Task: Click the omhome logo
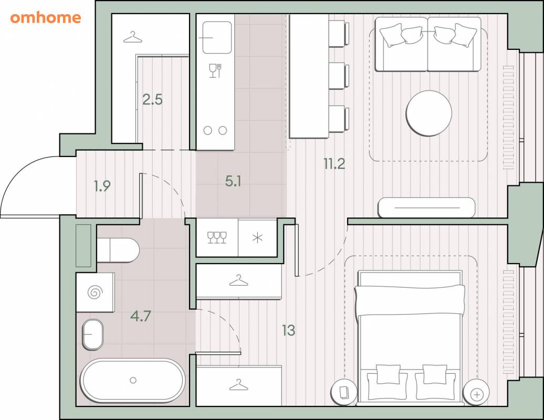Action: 46,17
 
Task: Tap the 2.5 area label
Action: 153,100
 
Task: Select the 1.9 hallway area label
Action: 102,186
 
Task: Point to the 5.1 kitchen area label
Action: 233,181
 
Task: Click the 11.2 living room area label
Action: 334,164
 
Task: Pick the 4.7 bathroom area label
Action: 141,316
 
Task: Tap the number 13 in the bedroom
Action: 289,331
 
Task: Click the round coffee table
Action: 429,113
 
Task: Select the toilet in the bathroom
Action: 118,250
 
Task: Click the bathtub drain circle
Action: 133,381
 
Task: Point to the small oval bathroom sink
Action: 92,334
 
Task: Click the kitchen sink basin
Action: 217,37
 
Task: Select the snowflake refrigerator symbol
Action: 257,238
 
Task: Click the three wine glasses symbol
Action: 217,238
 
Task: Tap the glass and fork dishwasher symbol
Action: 215,70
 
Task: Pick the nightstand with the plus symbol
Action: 477,394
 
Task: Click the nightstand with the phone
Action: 344,392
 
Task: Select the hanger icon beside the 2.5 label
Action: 133,37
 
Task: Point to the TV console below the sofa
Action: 426,207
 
